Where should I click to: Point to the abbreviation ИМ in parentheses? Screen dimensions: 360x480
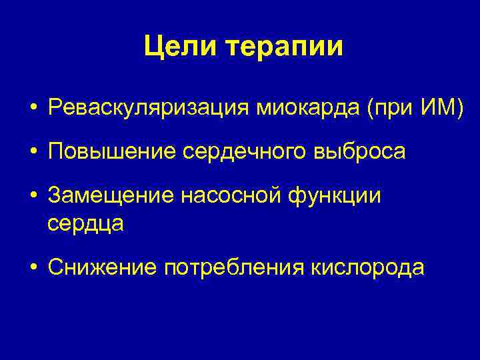(439, 107)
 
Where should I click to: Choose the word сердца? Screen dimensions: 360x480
(86, 223)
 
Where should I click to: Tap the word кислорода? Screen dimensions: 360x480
(366, 267)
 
